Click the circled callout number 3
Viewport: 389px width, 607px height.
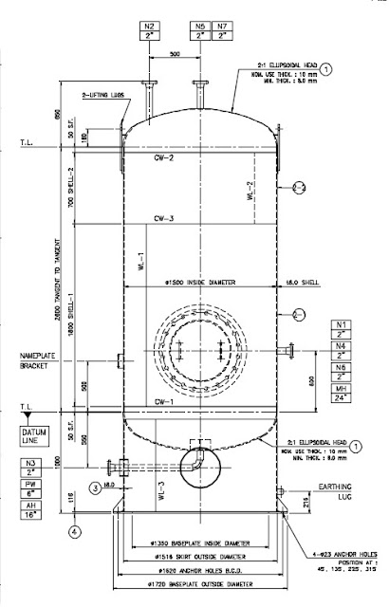tap(95, 487)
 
